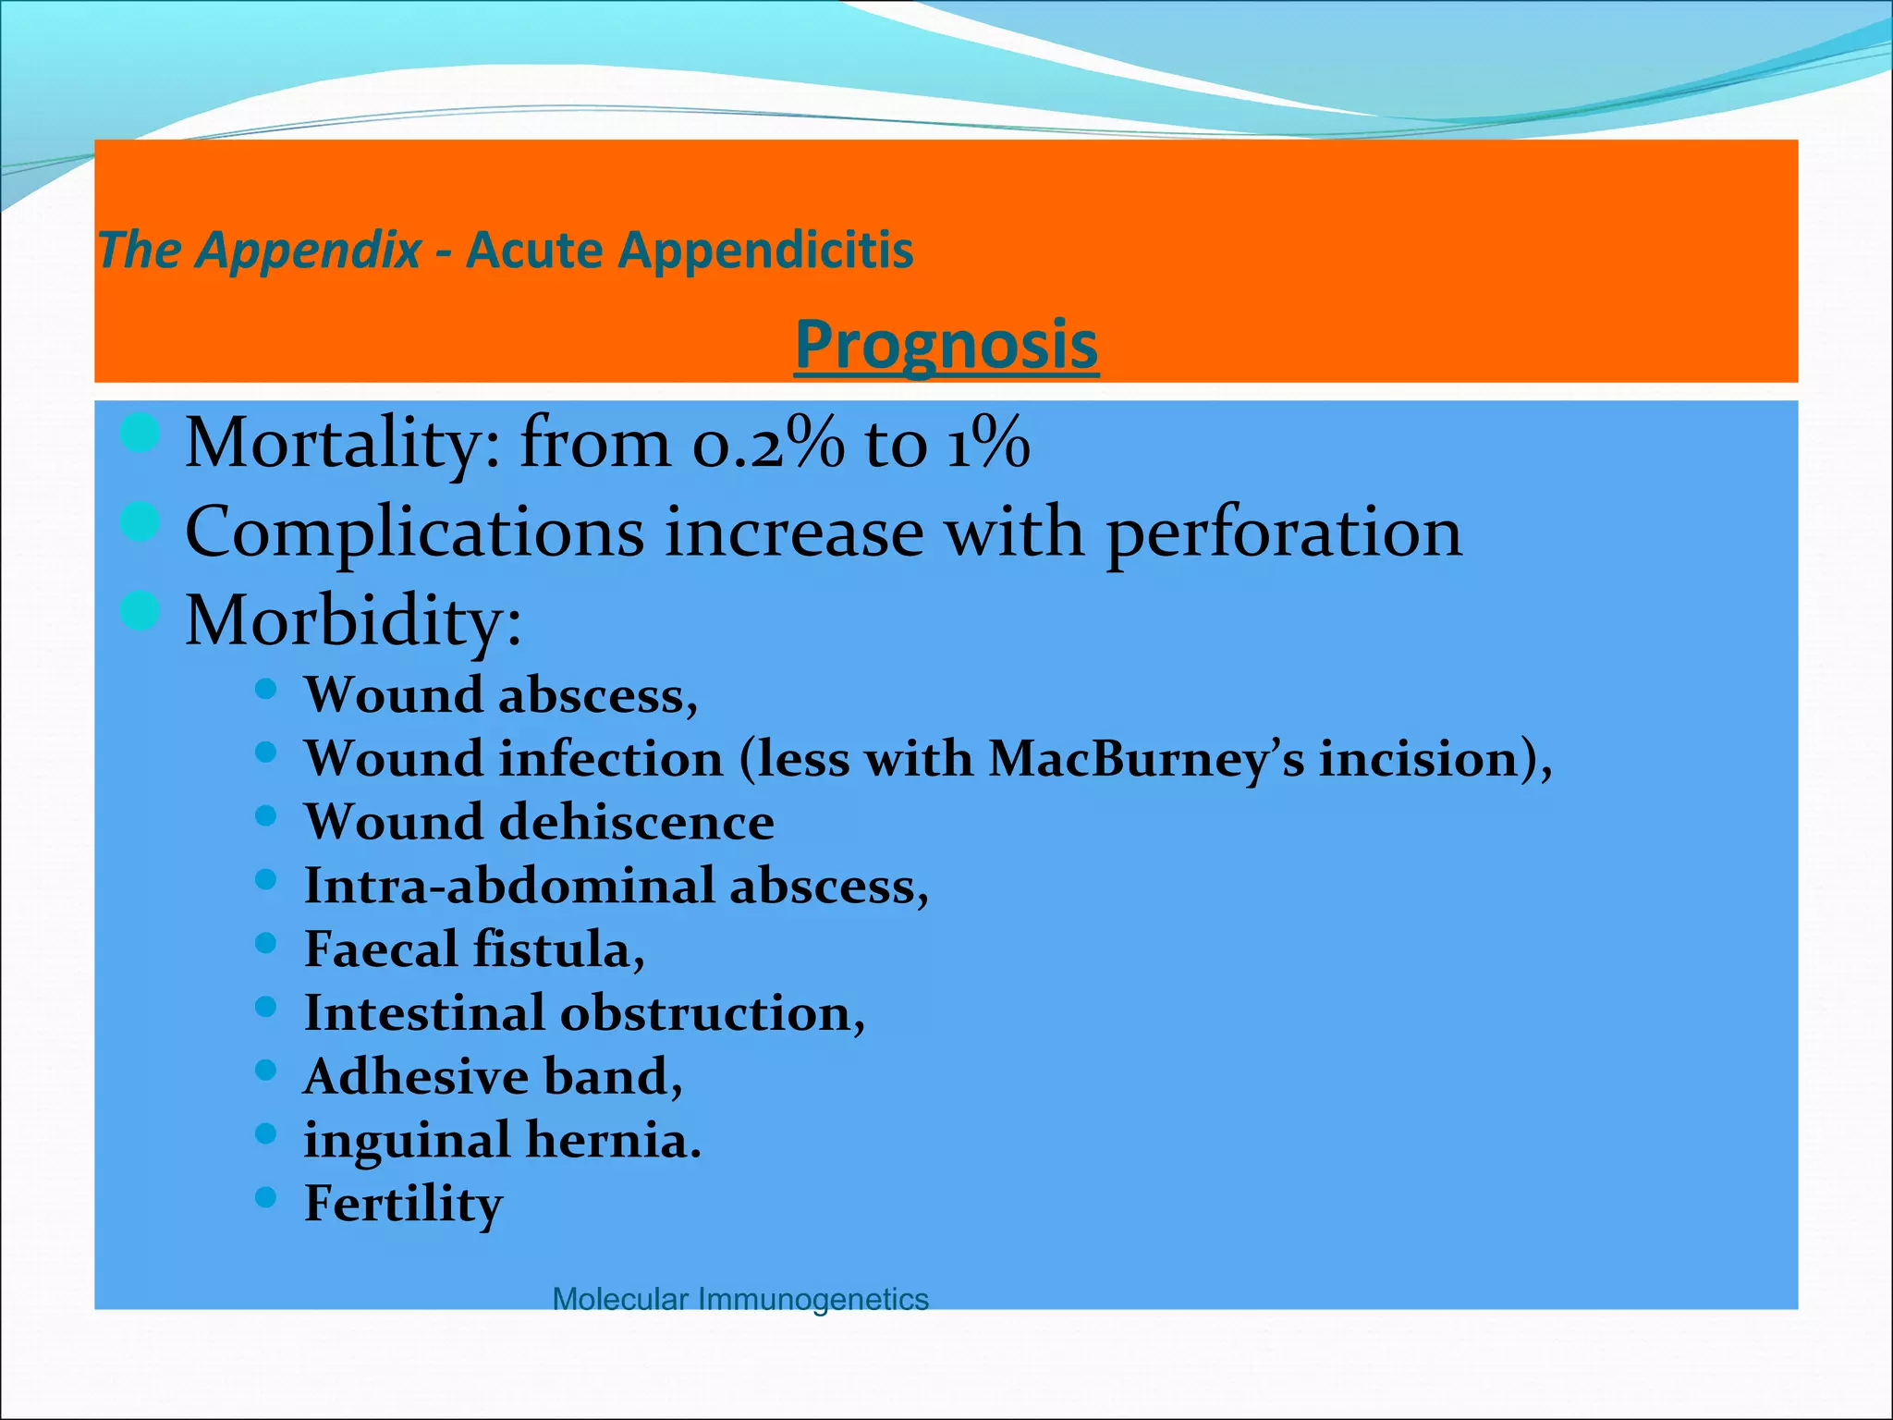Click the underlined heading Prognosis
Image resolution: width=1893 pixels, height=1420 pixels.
[x=946, y=345]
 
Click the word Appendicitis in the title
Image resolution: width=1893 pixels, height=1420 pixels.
[x=765, y=251]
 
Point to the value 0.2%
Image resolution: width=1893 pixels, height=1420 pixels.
[x=767, y=444]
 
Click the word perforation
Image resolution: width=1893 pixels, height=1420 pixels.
[x=1284, y=533]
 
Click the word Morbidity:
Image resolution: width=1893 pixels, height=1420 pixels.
[x=353, y=621]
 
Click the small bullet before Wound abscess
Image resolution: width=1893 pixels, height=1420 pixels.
[x=265, y=689]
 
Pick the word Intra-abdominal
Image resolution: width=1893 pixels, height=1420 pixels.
[x=509, y=887]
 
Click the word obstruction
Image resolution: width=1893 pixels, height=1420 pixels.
[x=712, y=1013]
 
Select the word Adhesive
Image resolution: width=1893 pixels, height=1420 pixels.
[x=415, y=1077]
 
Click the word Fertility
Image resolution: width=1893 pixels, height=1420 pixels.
[x=403, y=1205]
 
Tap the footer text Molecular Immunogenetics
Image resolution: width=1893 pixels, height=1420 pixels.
[x=739, y=1299]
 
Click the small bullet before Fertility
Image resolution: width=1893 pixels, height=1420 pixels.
[x=265, y=1197]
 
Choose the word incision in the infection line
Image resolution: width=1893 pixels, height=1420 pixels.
[x=1419, y=760]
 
